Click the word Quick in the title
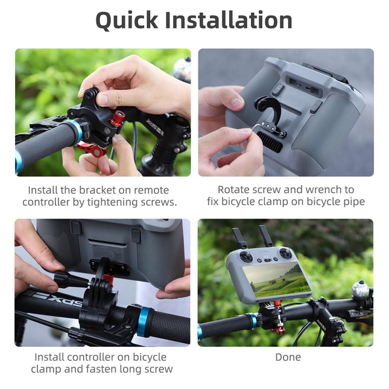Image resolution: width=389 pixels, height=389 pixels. click(127, 21)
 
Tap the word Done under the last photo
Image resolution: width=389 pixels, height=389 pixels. click(288, 357)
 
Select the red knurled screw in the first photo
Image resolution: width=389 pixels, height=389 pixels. click(118, 118)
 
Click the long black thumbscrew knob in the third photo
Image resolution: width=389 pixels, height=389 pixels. click(71, 279)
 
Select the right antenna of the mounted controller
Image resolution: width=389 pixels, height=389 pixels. click(264, 235)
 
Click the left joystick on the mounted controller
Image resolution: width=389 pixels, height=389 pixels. click(247, 256)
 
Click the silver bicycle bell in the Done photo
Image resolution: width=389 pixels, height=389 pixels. click(360, 290)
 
